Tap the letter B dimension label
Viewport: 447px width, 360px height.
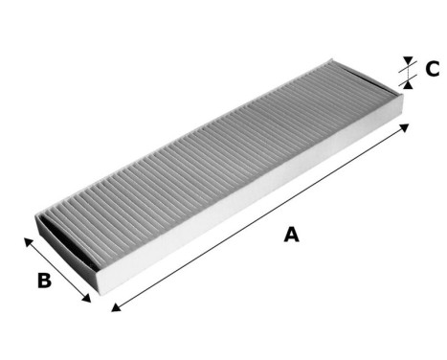coord(43,281)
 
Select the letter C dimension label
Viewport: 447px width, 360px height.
coord(432,69)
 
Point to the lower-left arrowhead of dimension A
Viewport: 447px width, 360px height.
coord(116,308)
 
